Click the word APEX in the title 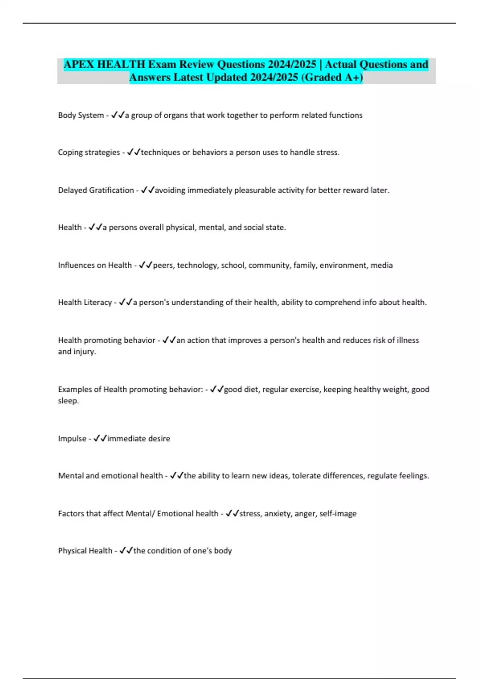(79, 64)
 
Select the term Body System (81, 115)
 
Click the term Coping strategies (89, 152)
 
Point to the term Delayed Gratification (96, 190)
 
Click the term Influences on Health (95, 265)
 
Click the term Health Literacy (85, 302)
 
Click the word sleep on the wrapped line (68, 401)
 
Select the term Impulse (72, 439)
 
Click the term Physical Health (85, 551)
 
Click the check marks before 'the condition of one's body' (126, 550)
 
